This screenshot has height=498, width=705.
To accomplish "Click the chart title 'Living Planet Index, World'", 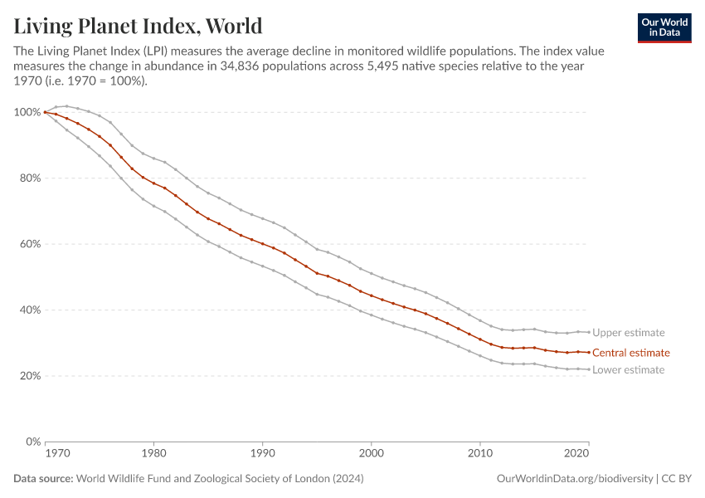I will (x=138, y=26).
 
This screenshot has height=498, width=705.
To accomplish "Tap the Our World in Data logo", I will (x=664, y=27).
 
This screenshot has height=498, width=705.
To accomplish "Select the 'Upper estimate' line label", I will (x=629, y=333).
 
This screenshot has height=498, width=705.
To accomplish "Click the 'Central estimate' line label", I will (x=630, y=353).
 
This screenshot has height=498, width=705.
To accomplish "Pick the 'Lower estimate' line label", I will (x=628, y=370).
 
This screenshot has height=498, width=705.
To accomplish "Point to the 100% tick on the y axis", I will (x=27, y=112).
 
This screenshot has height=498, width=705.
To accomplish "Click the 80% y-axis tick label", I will (x=29, y=178).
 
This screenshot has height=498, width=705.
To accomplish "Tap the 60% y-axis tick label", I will (x=29, y=244).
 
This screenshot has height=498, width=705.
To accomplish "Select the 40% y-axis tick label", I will (x=29, y=310).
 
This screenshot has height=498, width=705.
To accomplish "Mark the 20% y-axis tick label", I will (x=29, y=376).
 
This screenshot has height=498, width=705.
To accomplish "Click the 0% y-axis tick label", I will (x=32, y=442).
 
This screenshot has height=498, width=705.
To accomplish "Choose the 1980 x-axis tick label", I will (x=153, y=455).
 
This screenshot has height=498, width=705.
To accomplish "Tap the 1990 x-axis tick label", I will (x=262, y=455).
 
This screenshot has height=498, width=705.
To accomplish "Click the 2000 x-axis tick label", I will (x=371, y=455).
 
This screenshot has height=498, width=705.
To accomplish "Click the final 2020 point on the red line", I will (x=588, y=353).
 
